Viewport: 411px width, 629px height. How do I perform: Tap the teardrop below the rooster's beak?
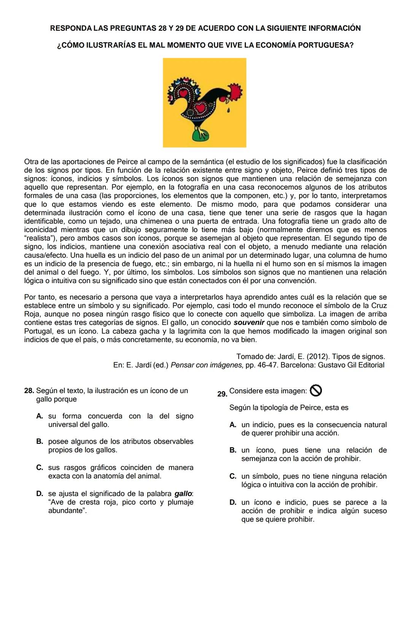click(228, 111)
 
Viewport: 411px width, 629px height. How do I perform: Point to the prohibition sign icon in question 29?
click(316, 391)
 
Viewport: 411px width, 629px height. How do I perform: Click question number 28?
click(29, 391)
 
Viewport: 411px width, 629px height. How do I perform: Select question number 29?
click(222, 394)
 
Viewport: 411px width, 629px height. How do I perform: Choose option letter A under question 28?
click(40, 416)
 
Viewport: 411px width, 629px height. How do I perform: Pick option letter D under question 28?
click(40, 494)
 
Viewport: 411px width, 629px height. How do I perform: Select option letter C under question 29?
click(233, 477)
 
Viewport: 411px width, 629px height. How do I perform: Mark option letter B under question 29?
click(233, 450)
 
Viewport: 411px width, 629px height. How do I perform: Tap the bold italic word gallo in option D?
click(183, 494)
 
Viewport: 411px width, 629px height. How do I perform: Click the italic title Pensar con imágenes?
click(206, 365)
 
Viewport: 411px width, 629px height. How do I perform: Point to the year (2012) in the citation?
click(320, 357)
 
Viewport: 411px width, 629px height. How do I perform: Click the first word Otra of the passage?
click(31, 162)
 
